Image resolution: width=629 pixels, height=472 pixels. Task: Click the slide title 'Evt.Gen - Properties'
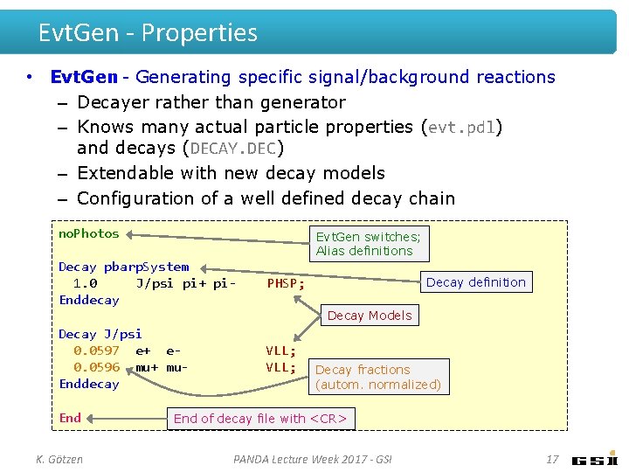[148, 33]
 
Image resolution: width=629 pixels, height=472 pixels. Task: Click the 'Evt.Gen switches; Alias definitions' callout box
[369, 244]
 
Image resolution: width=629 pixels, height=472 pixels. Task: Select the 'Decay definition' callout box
[476, 282]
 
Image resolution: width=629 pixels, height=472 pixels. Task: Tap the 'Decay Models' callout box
[369, 316]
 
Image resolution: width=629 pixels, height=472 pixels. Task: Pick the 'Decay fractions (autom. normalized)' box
[378, 377]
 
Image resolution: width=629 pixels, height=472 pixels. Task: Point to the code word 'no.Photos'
[88, 234]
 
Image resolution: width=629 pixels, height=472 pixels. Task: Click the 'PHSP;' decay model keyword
[286, 283]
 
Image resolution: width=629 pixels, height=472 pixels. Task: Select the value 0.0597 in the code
[96, 351]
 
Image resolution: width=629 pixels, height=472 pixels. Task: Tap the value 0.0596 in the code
[96, 367]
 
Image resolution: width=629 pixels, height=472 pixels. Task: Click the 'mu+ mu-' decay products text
[162, 367]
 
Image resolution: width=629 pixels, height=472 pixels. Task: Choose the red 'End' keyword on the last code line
[70, 418]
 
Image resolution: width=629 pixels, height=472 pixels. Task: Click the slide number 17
[552, 459]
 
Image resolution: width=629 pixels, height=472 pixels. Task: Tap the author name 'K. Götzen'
[59, 459]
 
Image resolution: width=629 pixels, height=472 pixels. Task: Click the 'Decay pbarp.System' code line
[123, 267]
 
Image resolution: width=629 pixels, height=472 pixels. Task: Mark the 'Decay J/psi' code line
[100, 334]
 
